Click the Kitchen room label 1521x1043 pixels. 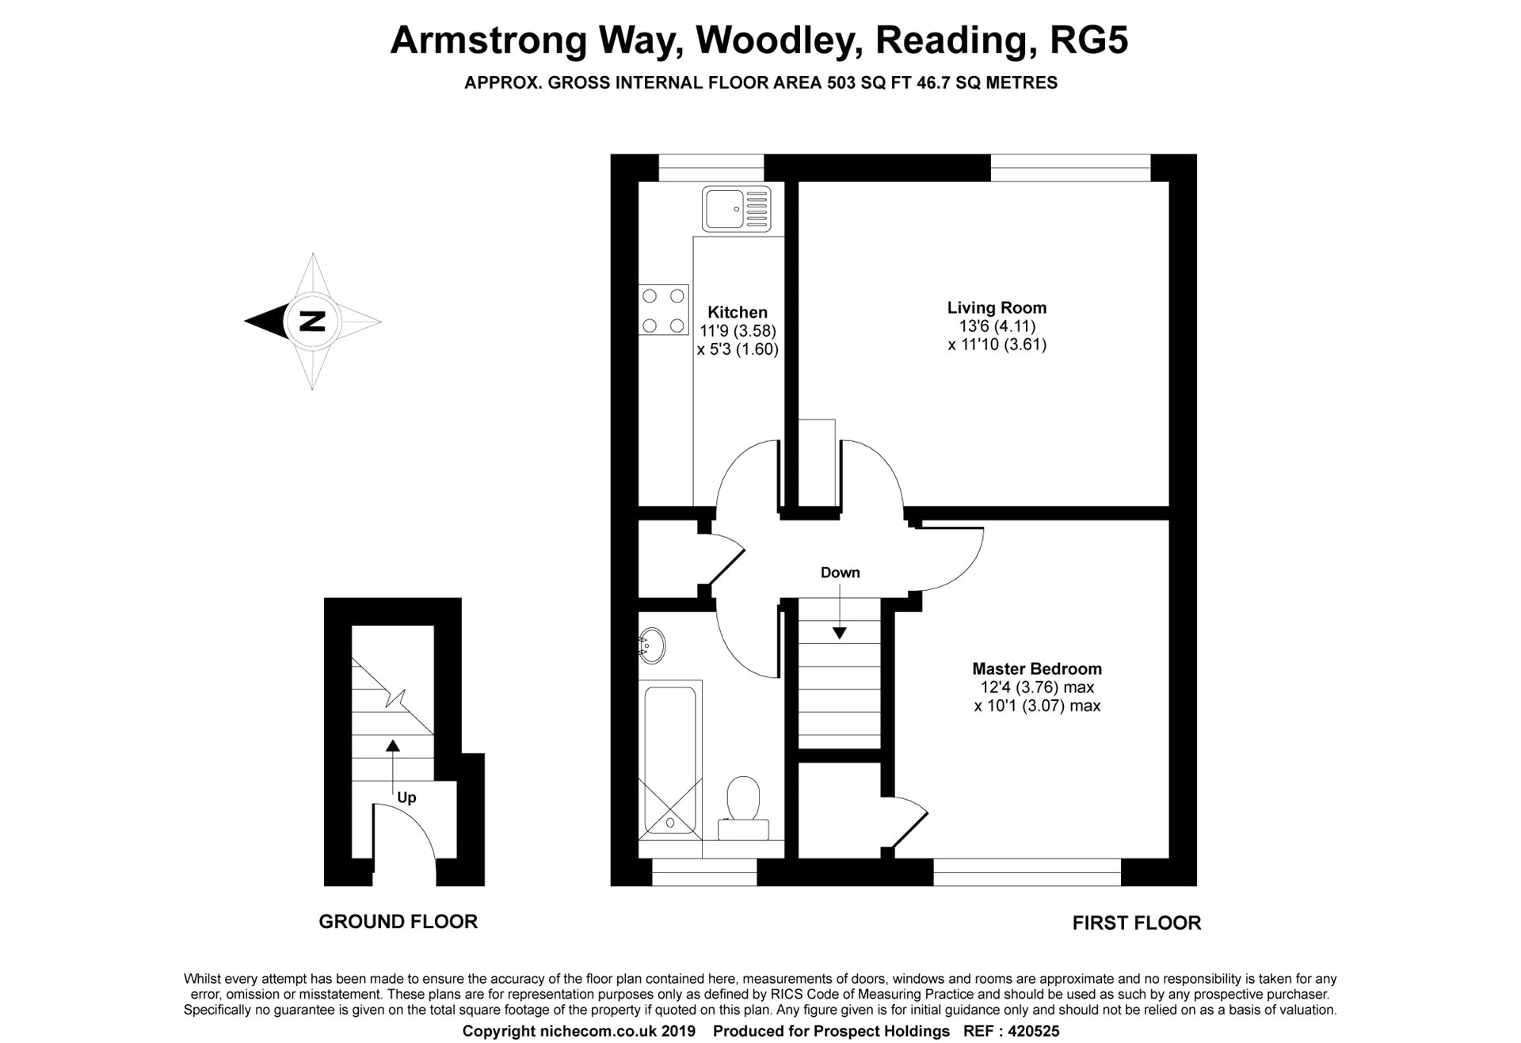(x=737, y=312)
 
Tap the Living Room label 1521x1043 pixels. (x=997, y=307)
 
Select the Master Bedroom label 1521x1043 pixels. (x=1036, y=668)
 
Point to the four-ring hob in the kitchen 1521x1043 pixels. (x=663, y=310)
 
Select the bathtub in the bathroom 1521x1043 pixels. (x=670, y=760)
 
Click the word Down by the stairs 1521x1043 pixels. (x=840, y=573)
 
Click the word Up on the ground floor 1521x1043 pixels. (x=406, y=797)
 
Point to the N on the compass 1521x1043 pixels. (x=312, y=322)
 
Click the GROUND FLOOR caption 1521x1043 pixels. (x=398, y=921)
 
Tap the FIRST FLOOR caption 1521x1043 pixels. (x=1136, y=923)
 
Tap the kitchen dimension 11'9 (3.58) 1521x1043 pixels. (x=738, y=331)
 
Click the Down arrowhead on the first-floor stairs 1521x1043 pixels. (x=839, y=633)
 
